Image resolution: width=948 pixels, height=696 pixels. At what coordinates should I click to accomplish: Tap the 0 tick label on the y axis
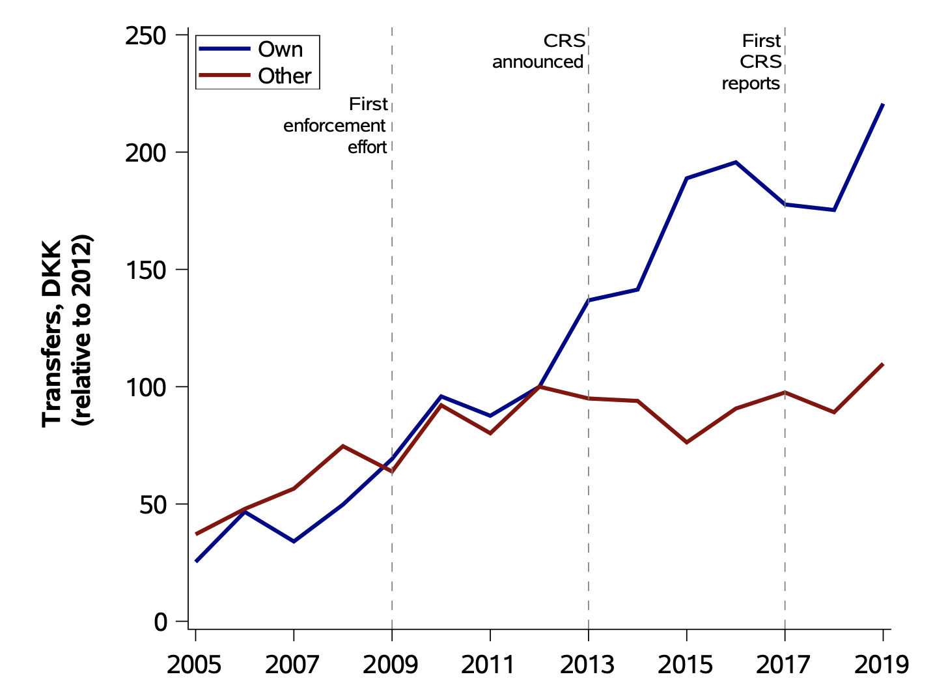(161, 622)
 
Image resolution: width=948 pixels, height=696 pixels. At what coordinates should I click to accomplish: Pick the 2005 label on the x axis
(194, 665)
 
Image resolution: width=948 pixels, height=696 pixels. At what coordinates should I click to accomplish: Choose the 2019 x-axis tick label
(882, 665)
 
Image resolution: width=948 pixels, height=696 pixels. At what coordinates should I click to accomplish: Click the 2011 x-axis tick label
(488, 665)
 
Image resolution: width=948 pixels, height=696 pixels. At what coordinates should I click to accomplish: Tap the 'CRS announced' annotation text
(539, 51)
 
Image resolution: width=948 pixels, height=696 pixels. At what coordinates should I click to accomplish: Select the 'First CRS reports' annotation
(752, 62)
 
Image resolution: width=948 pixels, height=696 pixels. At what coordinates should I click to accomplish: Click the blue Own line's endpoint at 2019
(882, 104)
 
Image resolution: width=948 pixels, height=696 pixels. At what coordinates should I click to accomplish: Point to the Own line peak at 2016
(735, 162)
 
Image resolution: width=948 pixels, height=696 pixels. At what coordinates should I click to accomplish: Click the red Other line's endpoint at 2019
(882, 364)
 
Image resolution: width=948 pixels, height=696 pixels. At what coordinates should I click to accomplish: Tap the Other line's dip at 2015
(686, 442)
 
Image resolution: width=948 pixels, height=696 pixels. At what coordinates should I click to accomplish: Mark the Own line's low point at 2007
(294, 542)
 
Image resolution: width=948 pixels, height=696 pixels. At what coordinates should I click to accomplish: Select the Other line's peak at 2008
(343, 446)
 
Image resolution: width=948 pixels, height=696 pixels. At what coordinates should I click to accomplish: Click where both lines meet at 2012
(539, 386)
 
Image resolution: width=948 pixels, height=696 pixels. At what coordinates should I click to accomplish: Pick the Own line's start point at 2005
(197, 560)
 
